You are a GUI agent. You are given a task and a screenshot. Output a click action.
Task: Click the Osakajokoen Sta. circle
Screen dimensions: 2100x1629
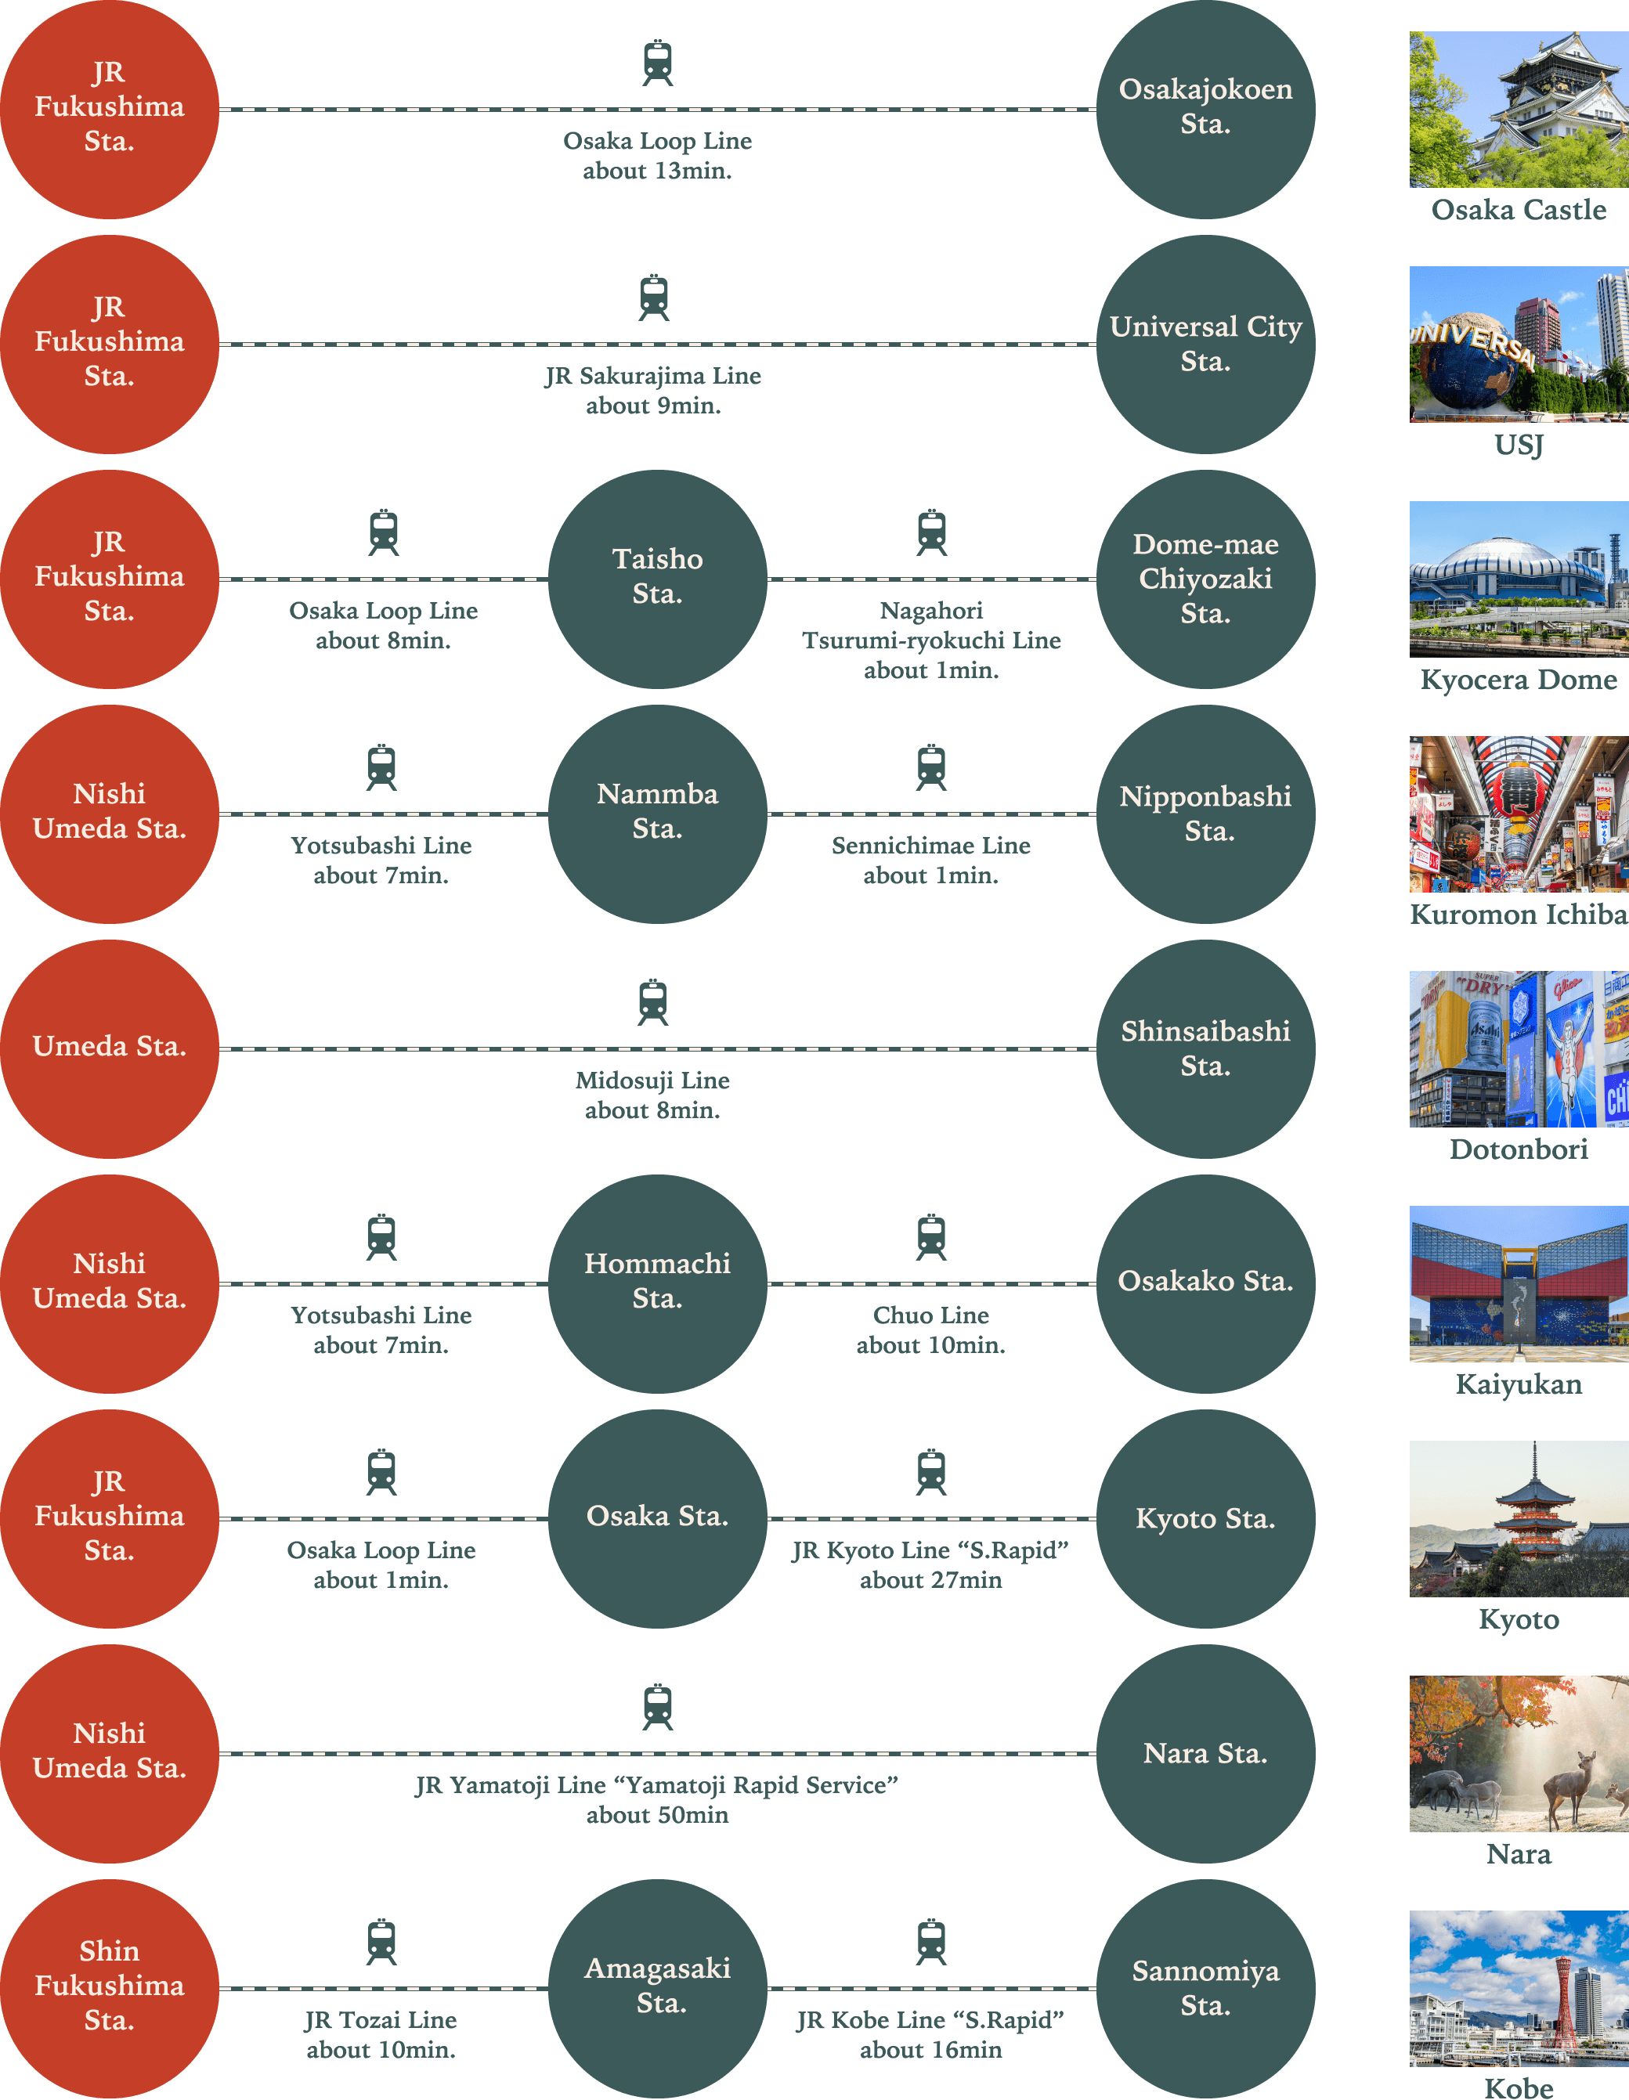click(1205, 109)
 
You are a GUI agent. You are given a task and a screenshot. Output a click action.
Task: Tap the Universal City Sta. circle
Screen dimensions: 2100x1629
click(1205, 345)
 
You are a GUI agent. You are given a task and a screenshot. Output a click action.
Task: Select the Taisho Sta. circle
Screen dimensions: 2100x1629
click(657, 579)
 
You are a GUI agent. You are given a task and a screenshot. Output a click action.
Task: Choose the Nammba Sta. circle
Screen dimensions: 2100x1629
click(657, 814)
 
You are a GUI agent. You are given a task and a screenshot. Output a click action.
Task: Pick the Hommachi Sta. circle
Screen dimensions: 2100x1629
click(657, 1283)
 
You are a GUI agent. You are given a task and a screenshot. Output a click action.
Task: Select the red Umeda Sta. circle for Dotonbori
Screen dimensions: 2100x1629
click(109, 1048)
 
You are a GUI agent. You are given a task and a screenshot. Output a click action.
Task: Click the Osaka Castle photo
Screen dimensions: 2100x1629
click(1519, 109)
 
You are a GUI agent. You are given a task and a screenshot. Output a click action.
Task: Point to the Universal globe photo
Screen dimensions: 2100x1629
click(1519, 345)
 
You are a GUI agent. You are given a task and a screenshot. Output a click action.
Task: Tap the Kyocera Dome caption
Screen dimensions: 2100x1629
click(1519, 680)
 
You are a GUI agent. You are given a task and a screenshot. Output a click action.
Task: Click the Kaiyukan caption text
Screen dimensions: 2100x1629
click(1519, 1384)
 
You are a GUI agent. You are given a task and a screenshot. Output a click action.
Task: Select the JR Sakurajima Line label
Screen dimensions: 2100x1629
click(653, 376)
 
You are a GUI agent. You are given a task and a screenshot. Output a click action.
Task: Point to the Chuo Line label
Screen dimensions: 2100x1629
click(931, 1315)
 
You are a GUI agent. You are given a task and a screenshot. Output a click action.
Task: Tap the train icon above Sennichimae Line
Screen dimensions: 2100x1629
click(931, 767)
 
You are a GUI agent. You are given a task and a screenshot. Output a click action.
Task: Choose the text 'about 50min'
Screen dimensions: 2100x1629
click(658, 1816)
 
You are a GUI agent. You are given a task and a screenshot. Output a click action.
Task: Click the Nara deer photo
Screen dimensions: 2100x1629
click(1519, 1753)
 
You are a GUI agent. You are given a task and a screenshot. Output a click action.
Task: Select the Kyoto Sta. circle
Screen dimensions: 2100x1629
click(1205, 1518)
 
